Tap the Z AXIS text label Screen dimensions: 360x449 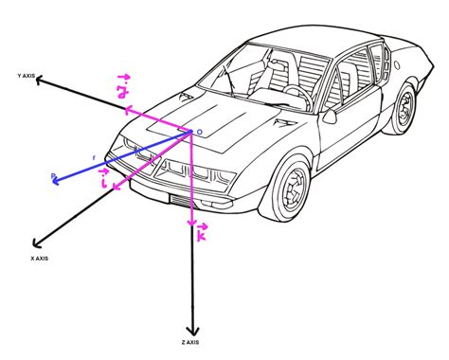189,341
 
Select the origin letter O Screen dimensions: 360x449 198,133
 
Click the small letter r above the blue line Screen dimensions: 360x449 94,155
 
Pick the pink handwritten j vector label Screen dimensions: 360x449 122,88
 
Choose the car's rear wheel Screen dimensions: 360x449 404,106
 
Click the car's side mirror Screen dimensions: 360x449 330,117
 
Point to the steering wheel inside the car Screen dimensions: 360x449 296,92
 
